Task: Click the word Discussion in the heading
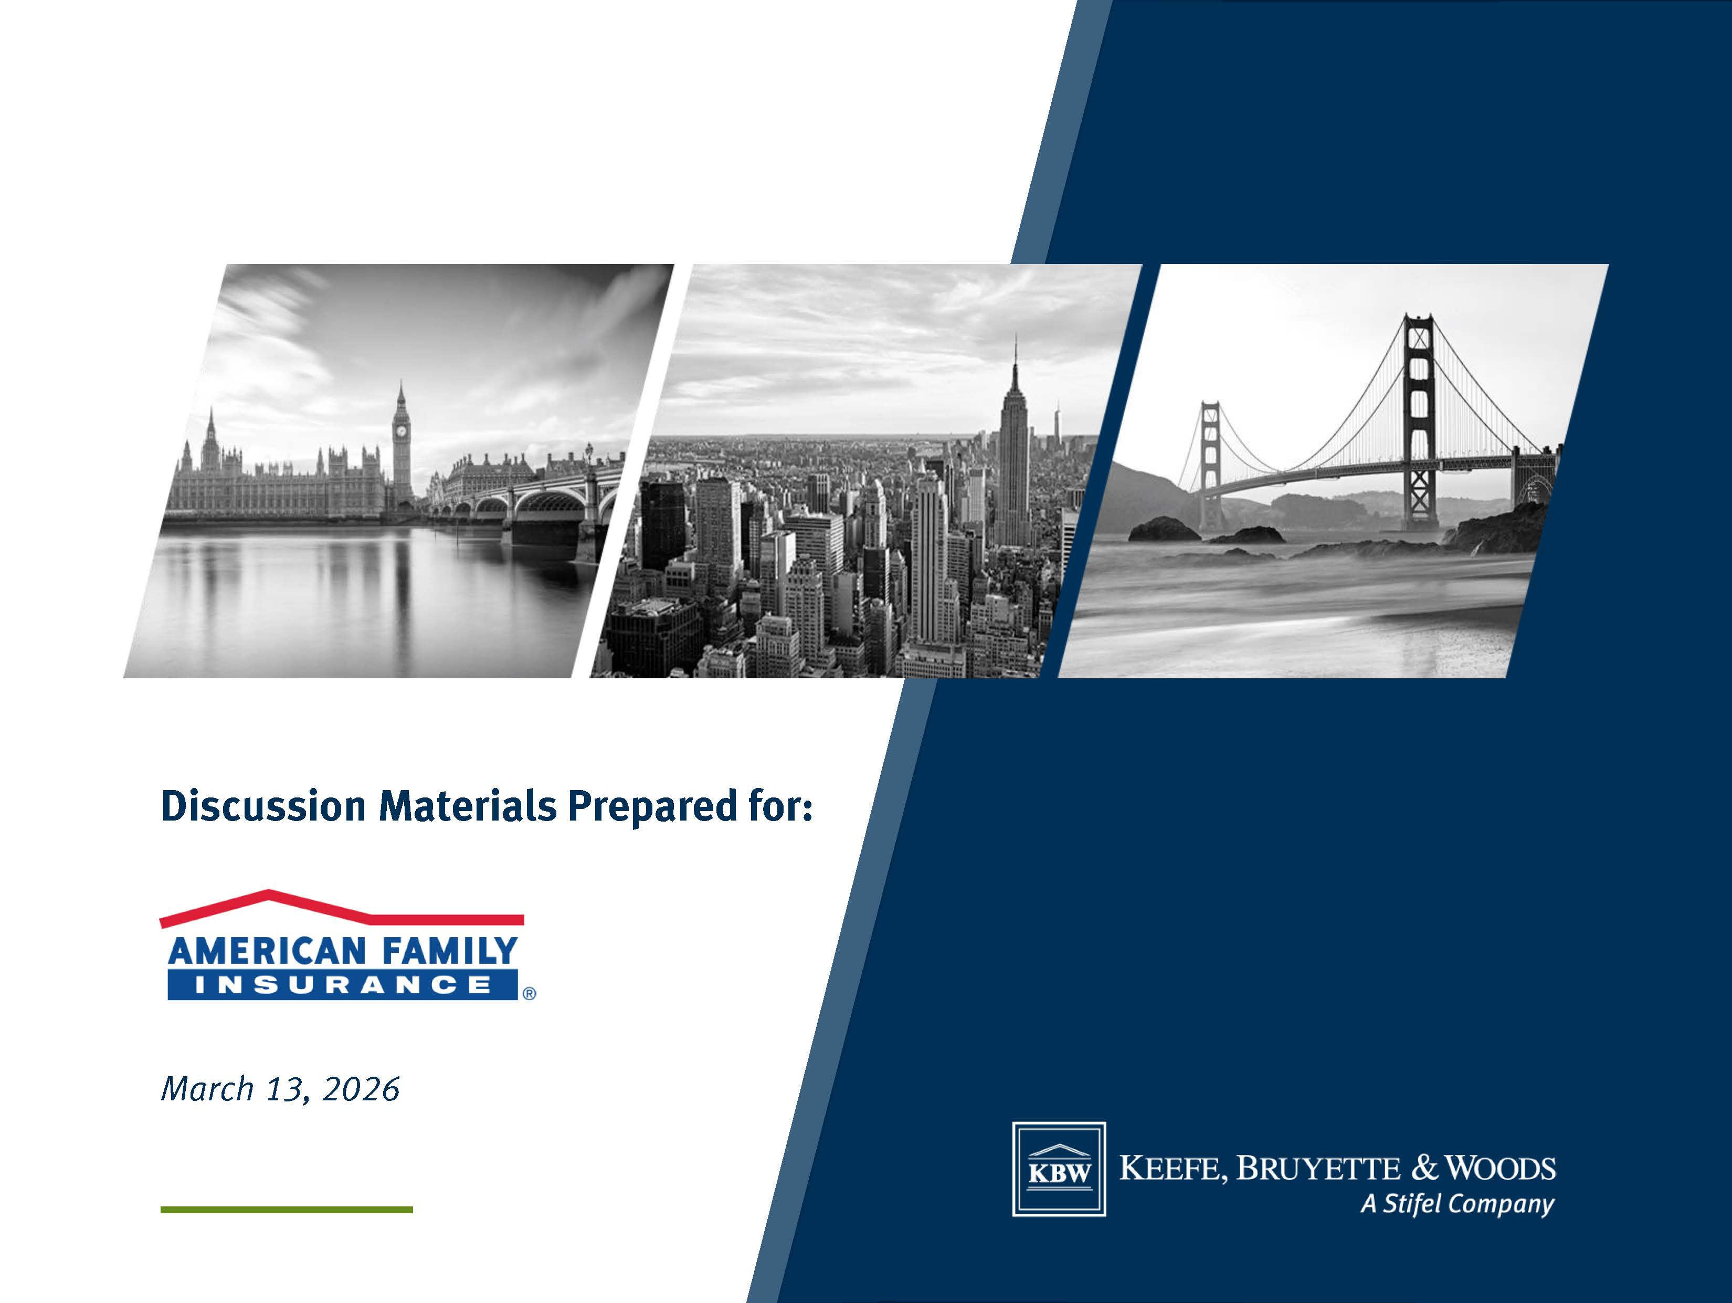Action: (263, 806)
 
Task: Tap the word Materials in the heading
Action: (468, 806)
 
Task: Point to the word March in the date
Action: (207, 1088)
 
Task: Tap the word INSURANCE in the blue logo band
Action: (342, 984)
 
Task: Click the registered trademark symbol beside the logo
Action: (529, 994)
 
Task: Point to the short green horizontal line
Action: (287, 1210)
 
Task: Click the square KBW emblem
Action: (1059, 1169)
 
